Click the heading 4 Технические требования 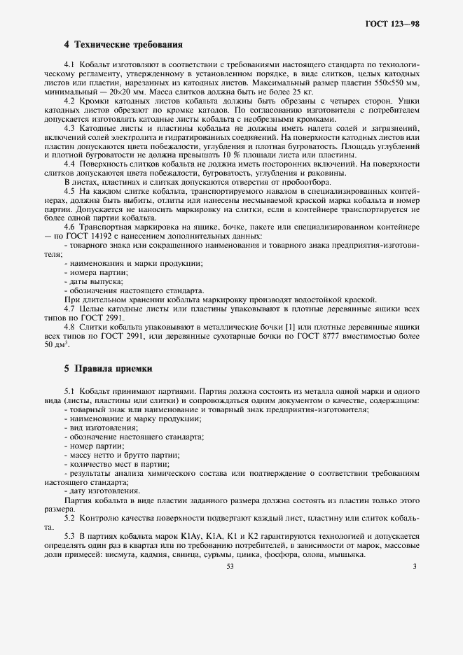[123, 45]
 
